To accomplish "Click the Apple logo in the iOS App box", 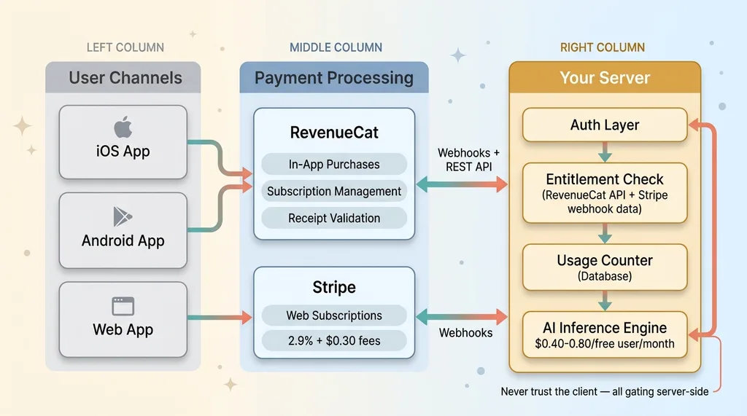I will [x=123, y=129].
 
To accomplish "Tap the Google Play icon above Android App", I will [x=123, y=216].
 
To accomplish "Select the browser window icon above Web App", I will [x=123, y=305].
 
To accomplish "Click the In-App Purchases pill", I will [x=334, y=165].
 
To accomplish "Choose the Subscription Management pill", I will [x=334, y=192].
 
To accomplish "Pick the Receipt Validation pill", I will [x=334, y=218].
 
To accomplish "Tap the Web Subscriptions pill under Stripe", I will [x=334, y=315].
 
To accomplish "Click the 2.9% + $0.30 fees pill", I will [x=334, y=340].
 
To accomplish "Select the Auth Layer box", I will [x=605, y=125].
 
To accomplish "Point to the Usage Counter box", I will [x=605, y=267].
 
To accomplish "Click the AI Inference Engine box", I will [x=605, y=334].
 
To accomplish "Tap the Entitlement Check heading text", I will [x=605, y=179].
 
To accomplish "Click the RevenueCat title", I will [x=334, y=133].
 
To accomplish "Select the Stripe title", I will [x=334, y=286].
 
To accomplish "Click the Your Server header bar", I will [x=605, y=77].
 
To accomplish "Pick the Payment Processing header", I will [x=334, y=77].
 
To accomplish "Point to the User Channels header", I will [x=125, y=77].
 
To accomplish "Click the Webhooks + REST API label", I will [x=469, y=160].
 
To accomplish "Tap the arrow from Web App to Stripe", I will [x=219, y=317].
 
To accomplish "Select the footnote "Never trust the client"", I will [x=604, y=391].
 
